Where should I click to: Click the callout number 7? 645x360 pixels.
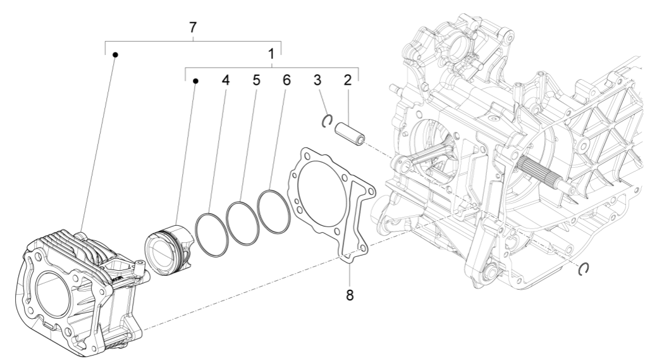pos(193,28)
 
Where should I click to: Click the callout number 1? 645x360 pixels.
pos(271,54)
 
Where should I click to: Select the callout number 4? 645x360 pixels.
pos(225,81)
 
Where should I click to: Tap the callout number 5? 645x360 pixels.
pos(255,81)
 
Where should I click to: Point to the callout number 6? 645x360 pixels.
pos(286,81)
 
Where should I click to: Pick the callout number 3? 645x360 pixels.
pos(317,81)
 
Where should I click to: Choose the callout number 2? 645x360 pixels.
pos(347,81)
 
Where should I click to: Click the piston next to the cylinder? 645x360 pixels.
pos(167,247)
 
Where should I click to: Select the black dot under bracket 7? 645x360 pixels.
pos(115,55)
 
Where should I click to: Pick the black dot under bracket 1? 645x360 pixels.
pos(195,81)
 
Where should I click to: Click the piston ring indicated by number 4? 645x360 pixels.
pos(210,234)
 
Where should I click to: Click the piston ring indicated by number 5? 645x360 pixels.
pos(243,222)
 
